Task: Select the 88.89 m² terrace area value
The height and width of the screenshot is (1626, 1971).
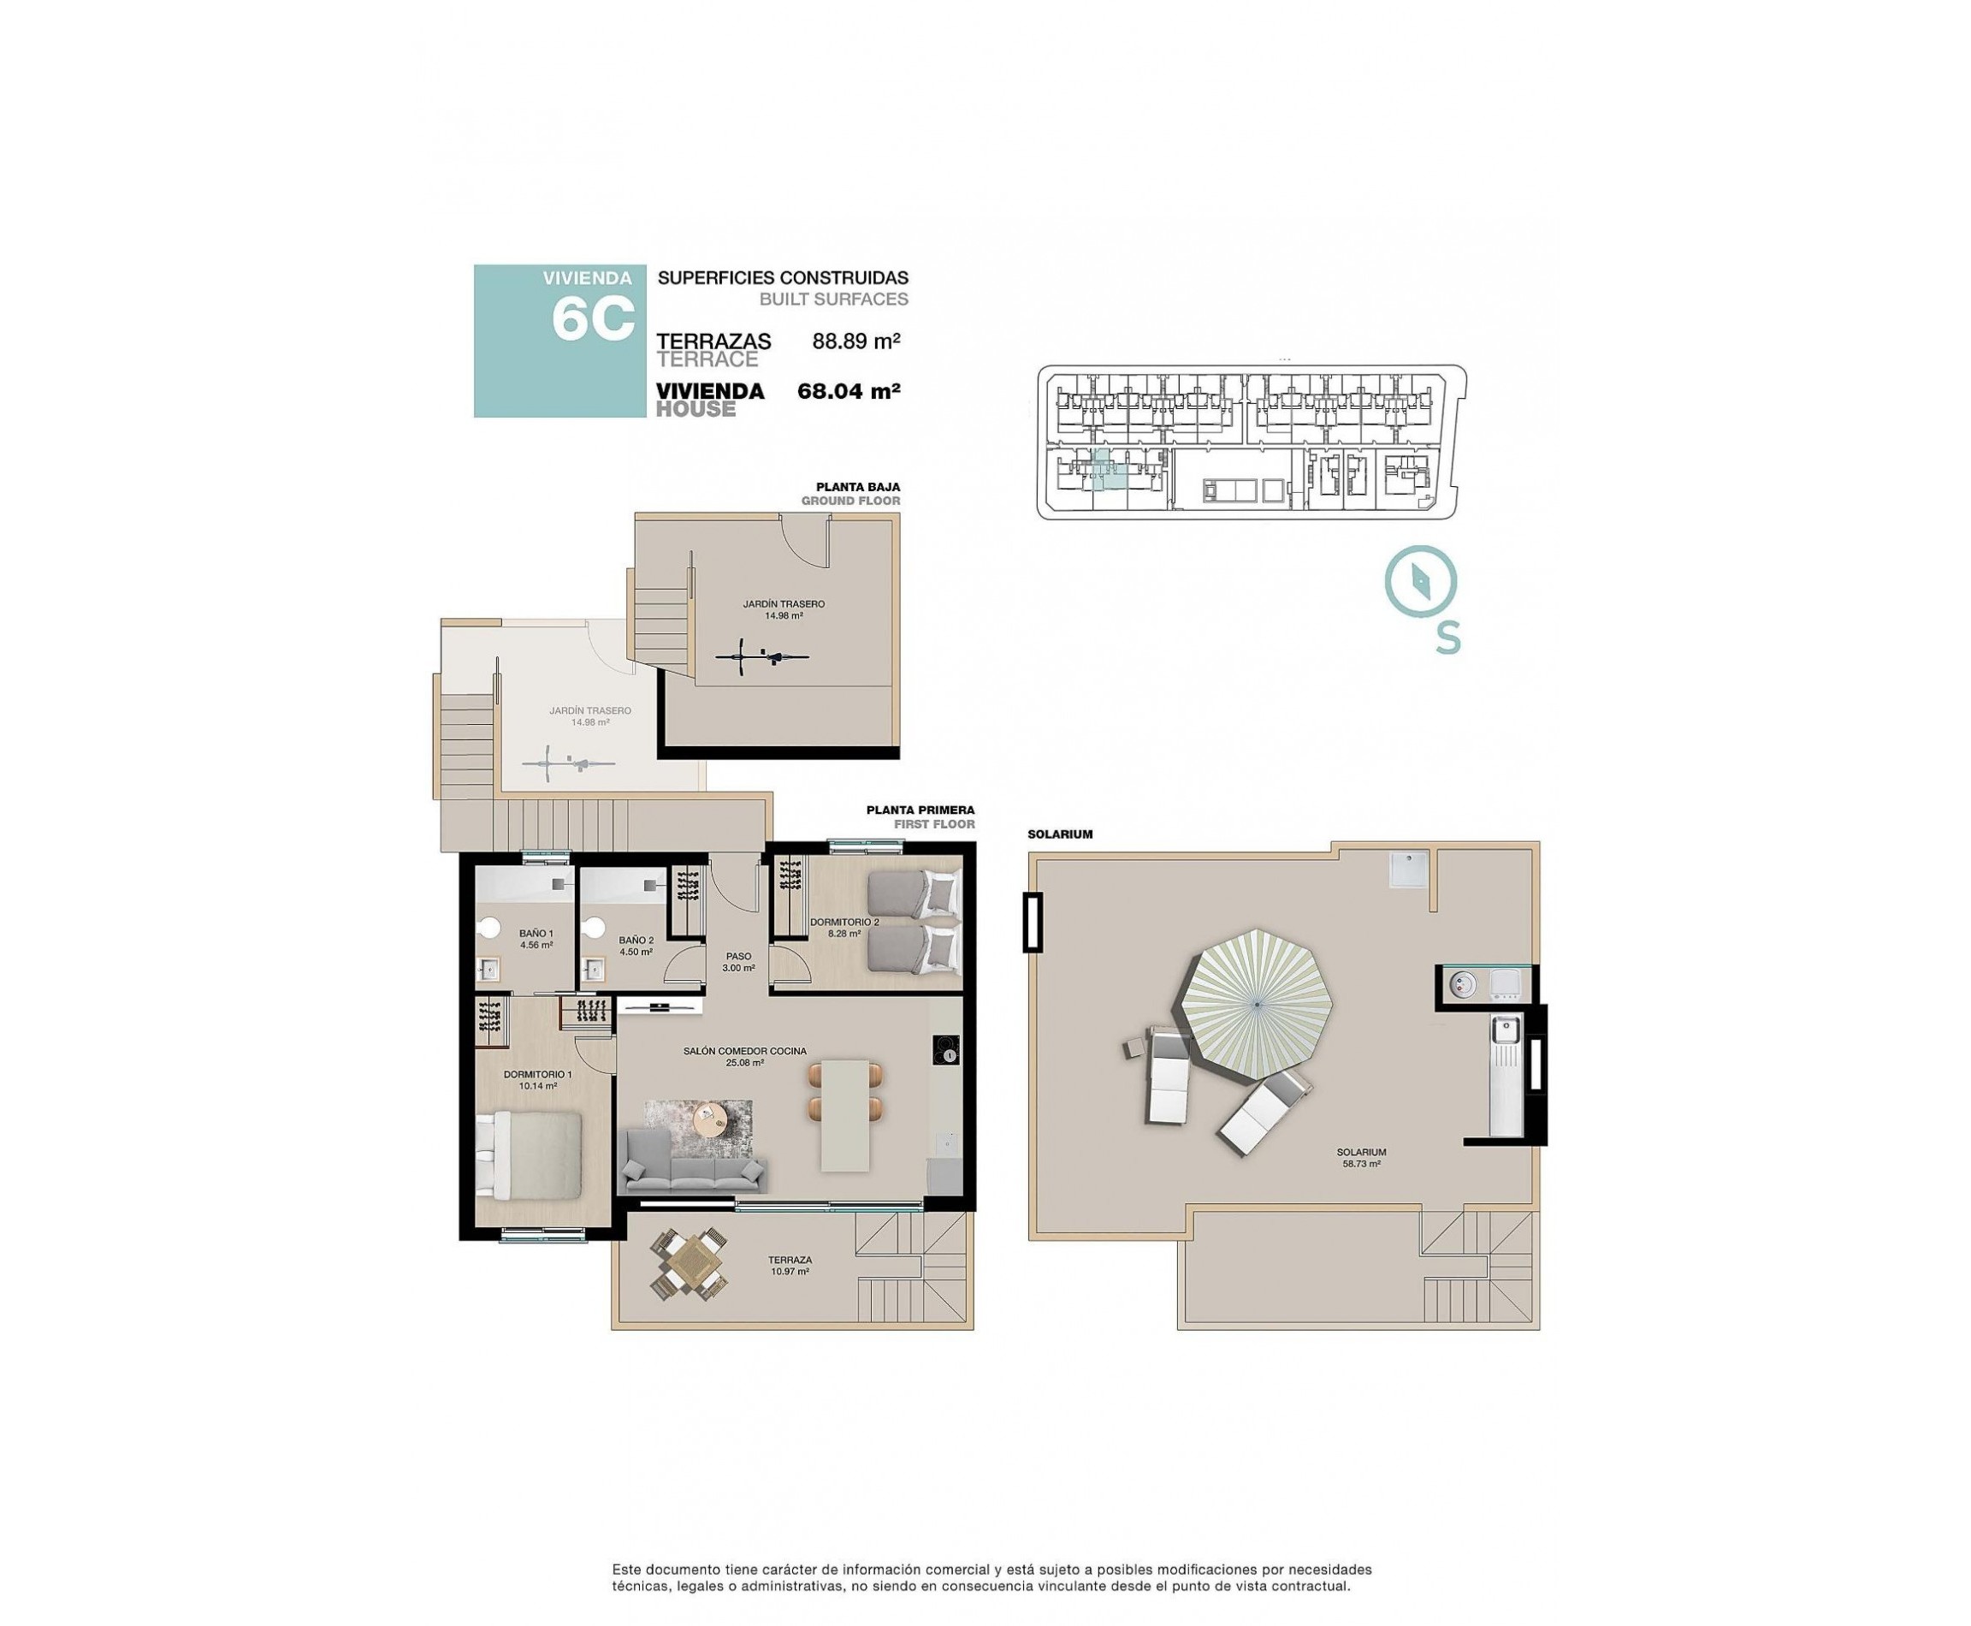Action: (x=855, y=341)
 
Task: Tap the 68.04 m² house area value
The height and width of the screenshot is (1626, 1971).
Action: (x=848, y=391)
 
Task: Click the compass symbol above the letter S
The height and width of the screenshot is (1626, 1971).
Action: (x=1420, y=582)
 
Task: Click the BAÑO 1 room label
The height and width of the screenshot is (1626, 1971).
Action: (x=536, y=939)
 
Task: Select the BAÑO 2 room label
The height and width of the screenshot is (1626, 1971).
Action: (x=635, y=945)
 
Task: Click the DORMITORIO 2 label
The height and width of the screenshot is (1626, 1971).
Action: (x=843, y=928)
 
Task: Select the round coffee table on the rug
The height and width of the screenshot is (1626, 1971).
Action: (x=709, y=1118)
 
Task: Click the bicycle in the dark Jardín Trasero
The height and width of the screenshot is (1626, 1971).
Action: (x=761, y=656)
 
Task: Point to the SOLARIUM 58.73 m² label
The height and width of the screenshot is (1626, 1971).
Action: (x=1360, y=1158)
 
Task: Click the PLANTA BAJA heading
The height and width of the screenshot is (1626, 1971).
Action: (x=857, y=487)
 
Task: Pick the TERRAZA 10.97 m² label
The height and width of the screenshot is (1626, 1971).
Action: (x=789, y=1266)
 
